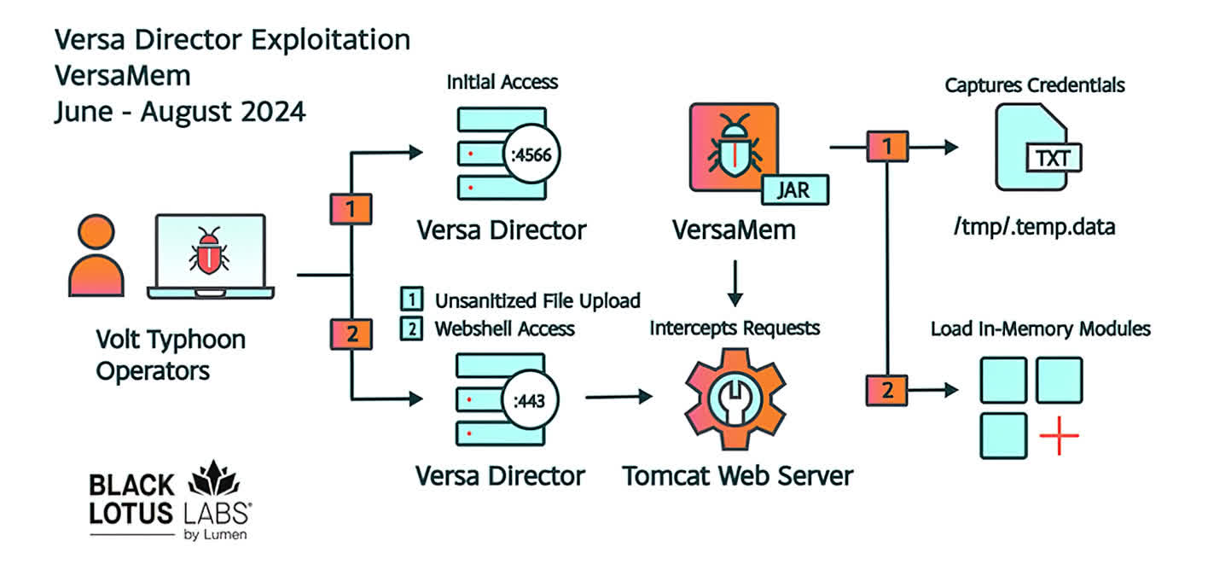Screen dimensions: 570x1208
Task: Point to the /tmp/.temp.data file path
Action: point(1034,230)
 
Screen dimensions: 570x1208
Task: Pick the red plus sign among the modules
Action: point(1060,436)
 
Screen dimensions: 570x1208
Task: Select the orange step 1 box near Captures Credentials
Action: point(887,147)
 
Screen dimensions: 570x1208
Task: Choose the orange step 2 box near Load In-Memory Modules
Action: point(887,391)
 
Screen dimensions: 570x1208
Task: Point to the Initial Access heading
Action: point(502,82)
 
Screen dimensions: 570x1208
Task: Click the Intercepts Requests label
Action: point(735,328)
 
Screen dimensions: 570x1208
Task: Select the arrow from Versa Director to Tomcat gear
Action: point(617,398)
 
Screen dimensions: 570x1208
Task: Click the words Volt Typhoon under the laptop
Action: point(170,340)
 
